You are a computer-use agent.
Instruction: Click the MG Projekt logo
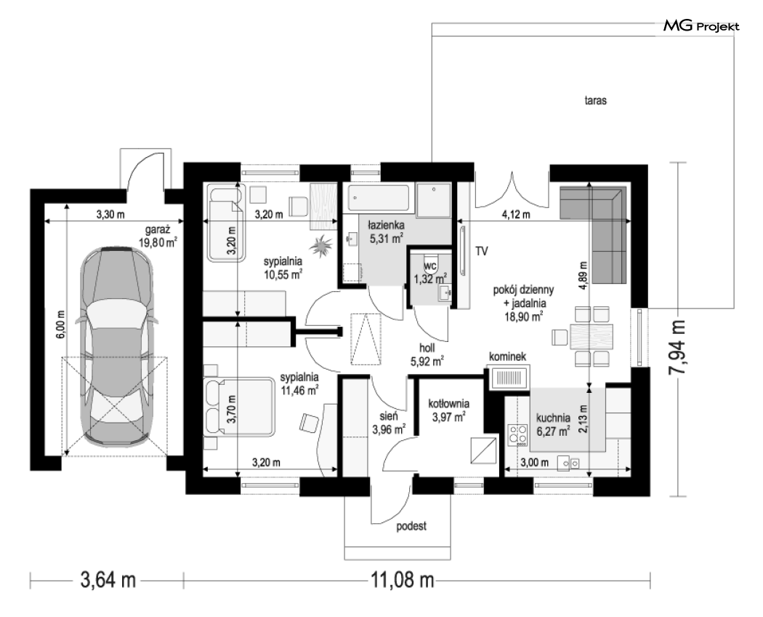tap(701, 26)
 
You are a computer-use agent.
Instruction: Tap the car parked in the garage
tap(117, 346)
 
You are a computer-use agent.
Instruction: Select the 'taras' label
tap(596, 100)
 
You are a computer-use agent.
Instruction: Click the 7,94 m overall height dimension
tap(677, 347)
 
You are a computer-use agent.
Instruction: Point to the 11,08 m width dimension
tap(403, 580)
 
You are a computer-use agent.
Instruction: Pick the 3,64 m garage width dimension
tap(108, 580)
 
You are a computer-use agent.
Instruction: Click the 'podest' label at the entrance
tap(411, 526)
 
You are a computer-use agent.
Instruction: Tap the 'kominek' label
tap(507, 357)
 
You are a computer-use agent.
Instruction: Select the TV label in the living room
tap(482, 252)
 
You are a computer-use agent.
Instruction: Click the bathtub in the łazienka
tap(378, 199)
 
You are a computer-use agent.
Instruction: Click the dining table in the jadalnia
tap(592, 337)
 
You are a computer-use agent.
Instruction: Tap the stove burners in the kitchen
tap(517, 434)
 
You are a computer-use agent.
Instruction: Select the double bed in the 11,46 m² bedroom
tap(239, 406)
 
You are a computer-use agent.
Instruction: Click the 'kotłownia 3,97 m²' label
tap(448, 410)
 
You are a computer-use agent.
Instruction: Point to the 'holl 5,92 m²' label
tap(427, 355)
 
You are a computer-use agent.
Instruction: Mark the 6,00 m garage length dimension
tap(61, 324)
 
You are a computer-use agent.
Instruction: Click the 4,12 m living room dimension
tap(516, 215)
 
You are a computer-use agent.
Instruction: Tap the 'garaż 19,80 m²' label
tap(158, 236)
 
